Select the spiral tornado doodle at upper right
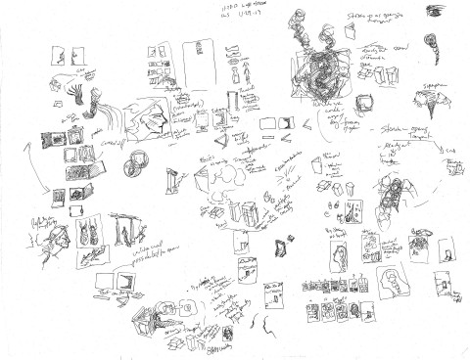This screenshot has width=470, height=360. point(430,44)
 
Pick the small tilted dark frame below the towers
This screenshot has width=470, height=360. point(284,245)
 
